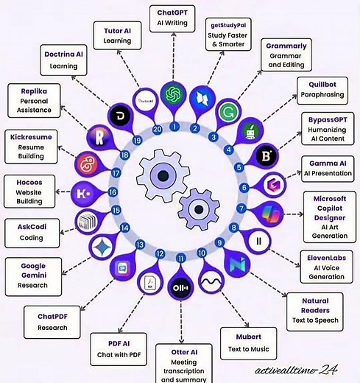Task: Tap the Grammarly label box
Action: [285, 55]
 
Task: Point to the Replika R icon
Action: [99, 137]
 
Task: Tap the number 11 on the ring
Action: [180, 257]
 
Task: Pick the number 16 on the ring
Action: [113, 192]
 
